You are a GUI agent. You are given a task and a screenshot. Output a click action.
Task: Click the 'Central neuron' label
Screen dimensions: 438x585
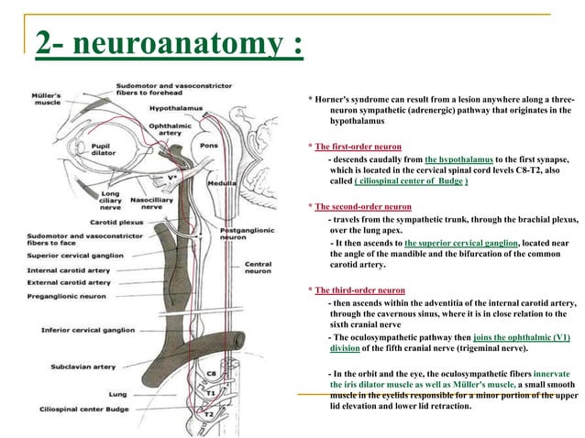(x=258, y=268)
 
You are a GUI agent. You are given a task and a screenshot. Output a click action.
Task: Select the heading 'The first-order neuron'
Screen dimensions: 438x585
(x=358, y=147)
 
